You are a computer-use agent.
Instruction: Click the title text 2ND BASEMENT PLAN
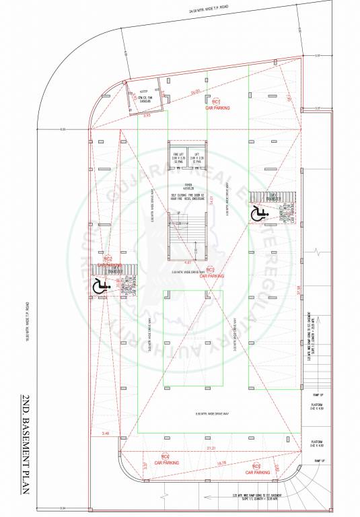(x=24, y=444)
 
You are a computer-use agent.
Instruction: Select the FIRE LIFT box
(x=178, y=156)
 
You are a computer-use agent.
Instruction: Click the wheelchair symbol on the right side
(x=258, y=214)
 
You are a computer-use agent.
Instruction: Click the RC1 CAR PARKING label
(x=217, y=104)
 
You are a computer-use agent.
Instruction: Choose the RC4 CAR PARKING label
(x=166, y=460)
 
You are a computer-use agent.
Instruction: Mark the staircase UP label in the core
(x=178, y=213)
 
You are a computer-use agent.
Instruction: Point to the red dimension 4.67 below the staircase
(x=189, y=261)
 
